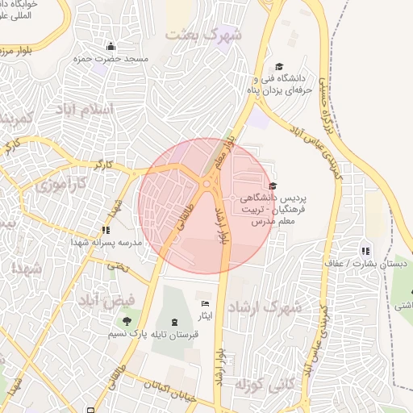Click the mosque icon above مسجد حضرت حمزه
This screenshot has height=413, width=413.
111,46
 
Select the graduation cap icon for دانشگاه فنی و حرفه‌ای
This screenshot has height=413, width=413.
279,67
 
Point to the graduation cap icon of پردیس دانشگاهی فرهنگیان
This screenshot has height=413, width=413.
272,186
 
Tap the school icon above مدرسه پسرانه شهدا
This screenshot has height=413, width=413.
106,230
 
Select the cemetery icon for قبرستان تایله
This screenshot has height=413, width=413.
175,321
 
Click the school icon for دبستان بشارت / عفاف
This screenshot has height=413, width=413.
367,250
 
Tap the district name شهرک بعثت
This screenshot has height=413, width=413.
203,35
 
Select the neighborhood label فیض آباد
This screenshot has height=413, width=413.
98,301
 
